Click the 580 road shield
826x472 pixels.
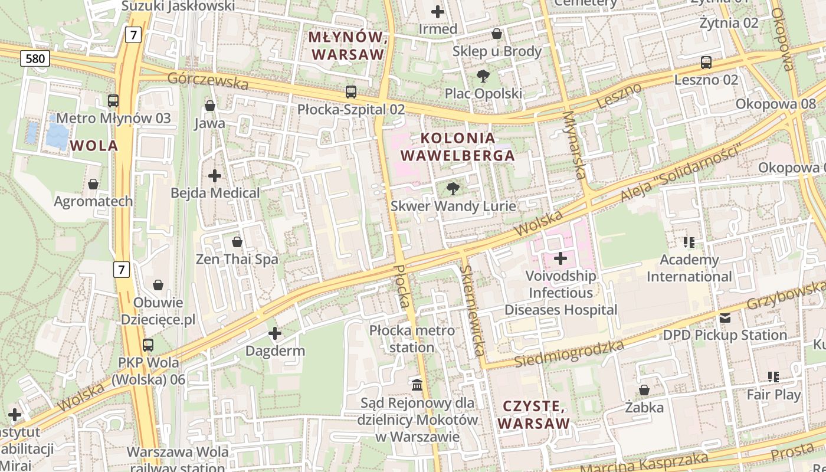click(x=35, y=58)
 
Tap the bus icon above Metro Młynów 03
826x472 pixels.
click(x=113, y=101)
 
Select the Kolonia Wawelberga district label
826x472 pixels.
click(x=457, y=147)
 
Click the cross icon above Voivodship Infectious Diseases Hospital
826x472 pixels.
click(x=560, y=258)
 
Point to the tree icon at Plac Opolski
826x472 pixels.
click(x=483, y=76)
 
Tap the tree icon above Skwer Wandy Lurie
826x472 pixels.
click(x=453, y=189)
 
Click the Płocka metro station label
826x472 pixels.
click(x=412, y=339)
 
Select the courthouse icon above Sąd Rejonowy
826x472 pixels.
click(x=418, y=385)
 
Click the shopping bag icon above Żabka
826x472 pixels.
click(x=644, y=390)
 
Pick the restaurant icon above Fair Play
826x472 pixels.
click(x=773, y=377)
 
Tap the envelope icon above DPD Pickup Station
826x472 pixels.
click(x=725, y=318)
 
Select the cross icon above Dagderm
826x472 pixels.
click(x=275, y=334)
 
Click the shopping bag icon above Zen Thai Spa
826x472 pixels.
click(x=237, y=242)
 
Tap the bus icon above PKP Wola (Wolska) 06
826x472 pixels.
click(x=148, y=345)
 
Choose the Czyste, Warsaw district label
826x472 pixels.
click(x=534, y=415)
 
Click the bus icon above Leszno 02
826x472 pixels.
click(x=706, y=62)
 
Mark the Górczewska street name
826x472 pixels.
click(x=208, y=81)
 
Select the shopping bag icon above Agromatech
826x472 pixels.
click(x=93, y=184)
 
